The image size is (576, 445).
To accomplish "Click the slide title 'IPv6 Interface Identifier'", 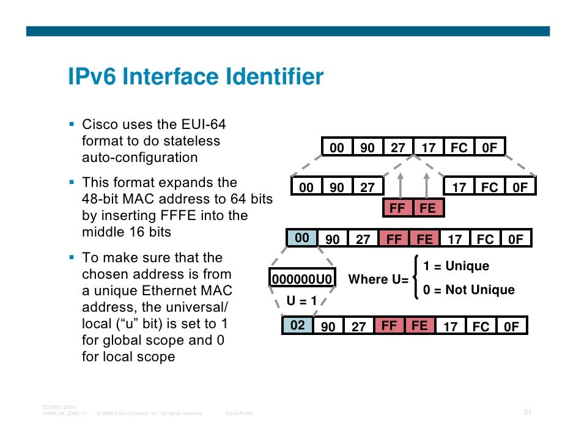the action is pyautogui.click(x=195, y=78).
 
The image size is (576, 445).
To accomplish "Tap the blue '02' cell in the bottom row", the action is pyautogui.click(x=298, y=326).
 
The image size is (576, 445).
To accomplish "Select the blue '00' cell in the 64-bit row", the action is pyautogui.click(x=302, y=238).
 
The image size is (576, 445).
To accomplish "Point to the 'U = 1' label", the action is pyautogui.click(x=302, y=301).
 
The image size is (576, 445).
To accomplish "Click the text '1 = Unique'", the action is pyautogui.click(x=456, y=267).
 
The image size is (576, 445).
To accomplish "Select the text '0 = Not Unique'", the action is pyautogui.click(x=468, y=290).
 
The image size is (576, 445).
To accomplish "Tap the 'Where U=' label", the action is pyautogui.click(x=378, y=280).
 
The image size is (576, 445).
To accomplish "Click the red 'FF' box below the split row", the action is pyautogui.click(x=397, y=208).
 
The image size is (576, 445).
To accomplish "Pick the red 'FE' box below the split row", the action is pyautogui.click(x=428, y=208).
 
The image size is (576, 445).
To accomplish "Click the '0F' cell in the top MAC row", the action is pyautogui.click(x=490, y=148).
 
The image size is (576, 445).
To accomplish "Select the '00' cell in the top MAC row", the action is pyautogui.click(x=337, y=148).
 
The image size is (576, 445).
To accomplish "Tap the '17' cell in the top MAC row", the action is pyautogui.click(x=429, y=148).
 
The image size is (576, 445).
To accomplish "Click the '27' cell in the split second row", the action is pyautogui.click(x=367, y=188).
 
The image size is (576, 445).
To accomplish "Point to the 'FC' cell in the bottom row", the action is pyautogui.click(x=481, y=327).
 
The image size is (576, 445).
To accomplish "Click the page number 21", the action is pyautogui.click(x=528, y=413).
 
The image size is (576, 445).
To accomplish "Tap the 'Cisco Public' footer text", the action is pyautogui.click(x=240, y=414).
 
